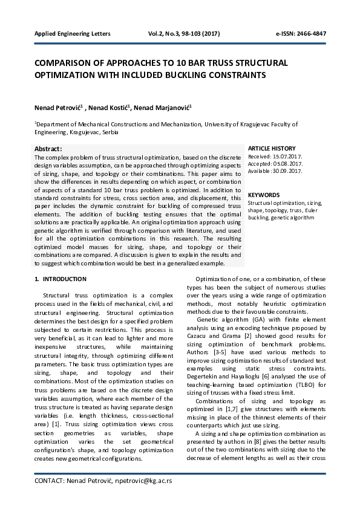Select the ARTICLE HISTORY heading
(272, 148)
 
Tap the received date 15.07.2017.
(287, 156)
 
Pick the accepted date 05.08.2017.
(288, 163)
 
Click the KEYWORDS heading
(264, 195)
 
